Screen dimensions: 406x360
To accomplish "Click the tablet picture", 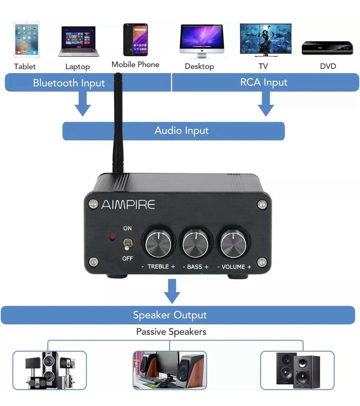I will (27, 39).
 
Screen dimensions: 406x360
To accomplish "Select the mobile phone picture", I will (135, 39).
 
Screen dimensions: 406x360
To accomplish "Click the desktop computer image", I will (201, 41).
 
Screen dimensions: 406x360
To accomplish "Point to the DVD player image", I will (327, 48).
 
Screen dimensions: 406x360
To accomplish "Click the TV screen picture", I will (265, 39).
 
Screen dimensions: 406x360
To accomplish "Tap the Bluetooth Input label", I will (69, 82).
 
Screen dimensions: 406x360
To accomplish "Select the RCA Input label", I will (264, 82).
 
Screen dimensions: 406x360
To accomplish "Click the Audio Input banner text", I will (181, 130).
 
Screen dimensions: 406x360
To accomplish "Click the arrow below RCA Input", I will (266, 104).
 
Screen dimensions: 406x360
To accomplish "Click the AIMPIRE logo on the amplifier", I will (128, 205).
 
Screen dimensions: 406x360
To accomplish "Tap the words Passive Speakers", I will (171, 332).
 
